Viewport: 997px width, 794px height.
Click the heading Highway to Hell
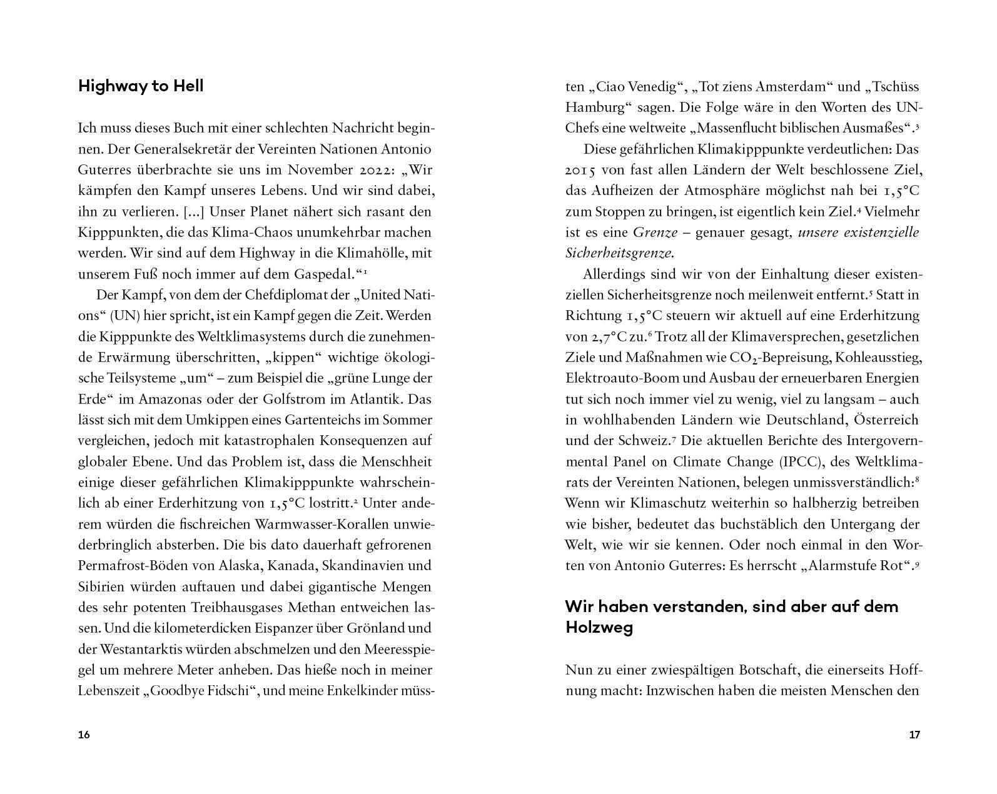141,86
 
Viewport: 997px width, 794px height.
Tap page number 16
84,735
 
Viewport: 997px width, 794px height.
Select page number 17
914,735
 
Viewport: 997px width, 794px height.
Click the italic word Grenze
655,233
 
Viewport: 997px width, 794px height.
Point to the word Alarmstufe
843,566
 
